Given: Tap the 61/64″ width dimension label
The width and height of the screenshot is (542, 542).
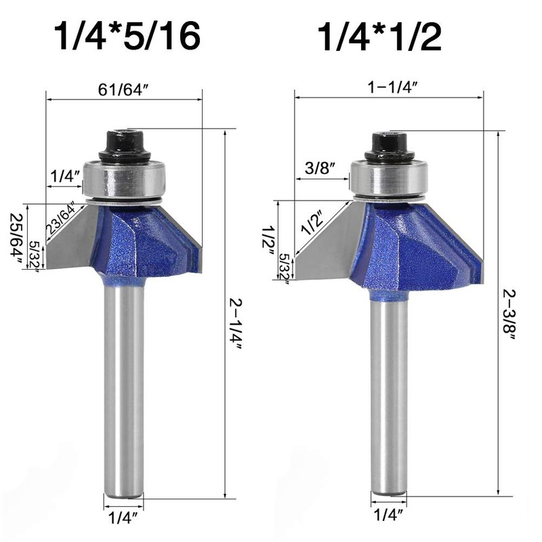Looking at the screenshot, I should [124, 89].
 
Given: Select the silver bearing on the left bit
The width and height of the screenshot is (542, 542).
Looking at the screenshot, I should [124, 180].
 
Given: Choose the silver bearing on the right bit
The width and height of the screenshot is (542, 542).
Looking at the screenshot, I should [389, 180].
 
